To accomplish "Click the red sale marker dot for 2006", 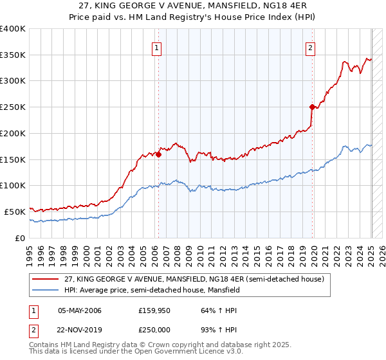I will click(158, 154).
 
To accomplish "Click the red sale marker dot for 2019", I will click(312, 107).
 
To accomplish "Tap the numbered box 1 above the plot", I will click(157, 46).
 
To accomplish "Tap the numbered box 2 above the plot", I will click(310, 46).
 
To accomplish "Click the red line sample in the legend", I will click(46, 279).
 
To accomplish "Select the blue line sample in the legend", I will click(46, 290).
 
